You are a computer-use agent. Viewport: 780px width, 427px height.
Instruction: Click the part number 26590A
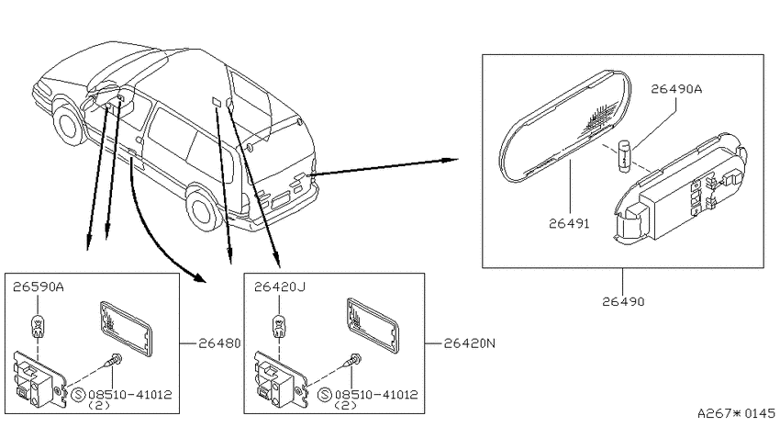click(x=39, y=287)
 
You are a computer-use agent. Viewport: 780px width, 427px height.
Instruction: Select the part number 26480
click(x=219, y=343)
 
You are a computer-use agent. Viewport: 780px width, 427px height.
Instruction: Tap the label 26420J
click(x=280, y=287)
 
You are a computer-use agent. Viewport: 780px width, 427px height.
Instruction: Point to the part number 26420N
click(x=470, y=343)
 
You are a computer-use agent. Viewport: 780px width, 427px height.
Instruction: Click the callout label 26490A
click(x=676, y=89)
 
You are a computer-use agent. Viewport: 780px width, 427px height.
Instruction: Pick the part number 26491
click(x=569, y=224)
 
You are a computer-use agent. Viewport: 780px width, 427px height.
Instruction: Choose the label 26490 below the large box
click(x=623, y=301)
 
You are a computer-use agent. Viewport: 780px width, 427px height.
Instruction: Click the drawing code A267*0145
click(x=736, y=413)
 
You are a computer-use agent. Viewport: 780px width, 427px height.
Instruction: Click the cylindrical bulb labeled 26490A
click(x=624, y=156)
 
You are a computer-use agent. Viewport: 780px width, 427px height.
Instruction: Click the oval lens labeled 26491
click(x=565, y=124)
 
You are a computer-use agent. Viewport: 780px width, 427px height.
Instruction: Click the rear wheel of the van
click(x=204, y=209)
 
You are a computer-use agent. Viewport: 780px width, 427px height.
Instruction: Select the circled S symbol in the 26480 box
click(x=79, y=395)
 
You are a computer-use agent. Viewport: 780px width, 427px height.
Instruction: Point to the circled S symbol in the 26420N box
click(x=325, y=395)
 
